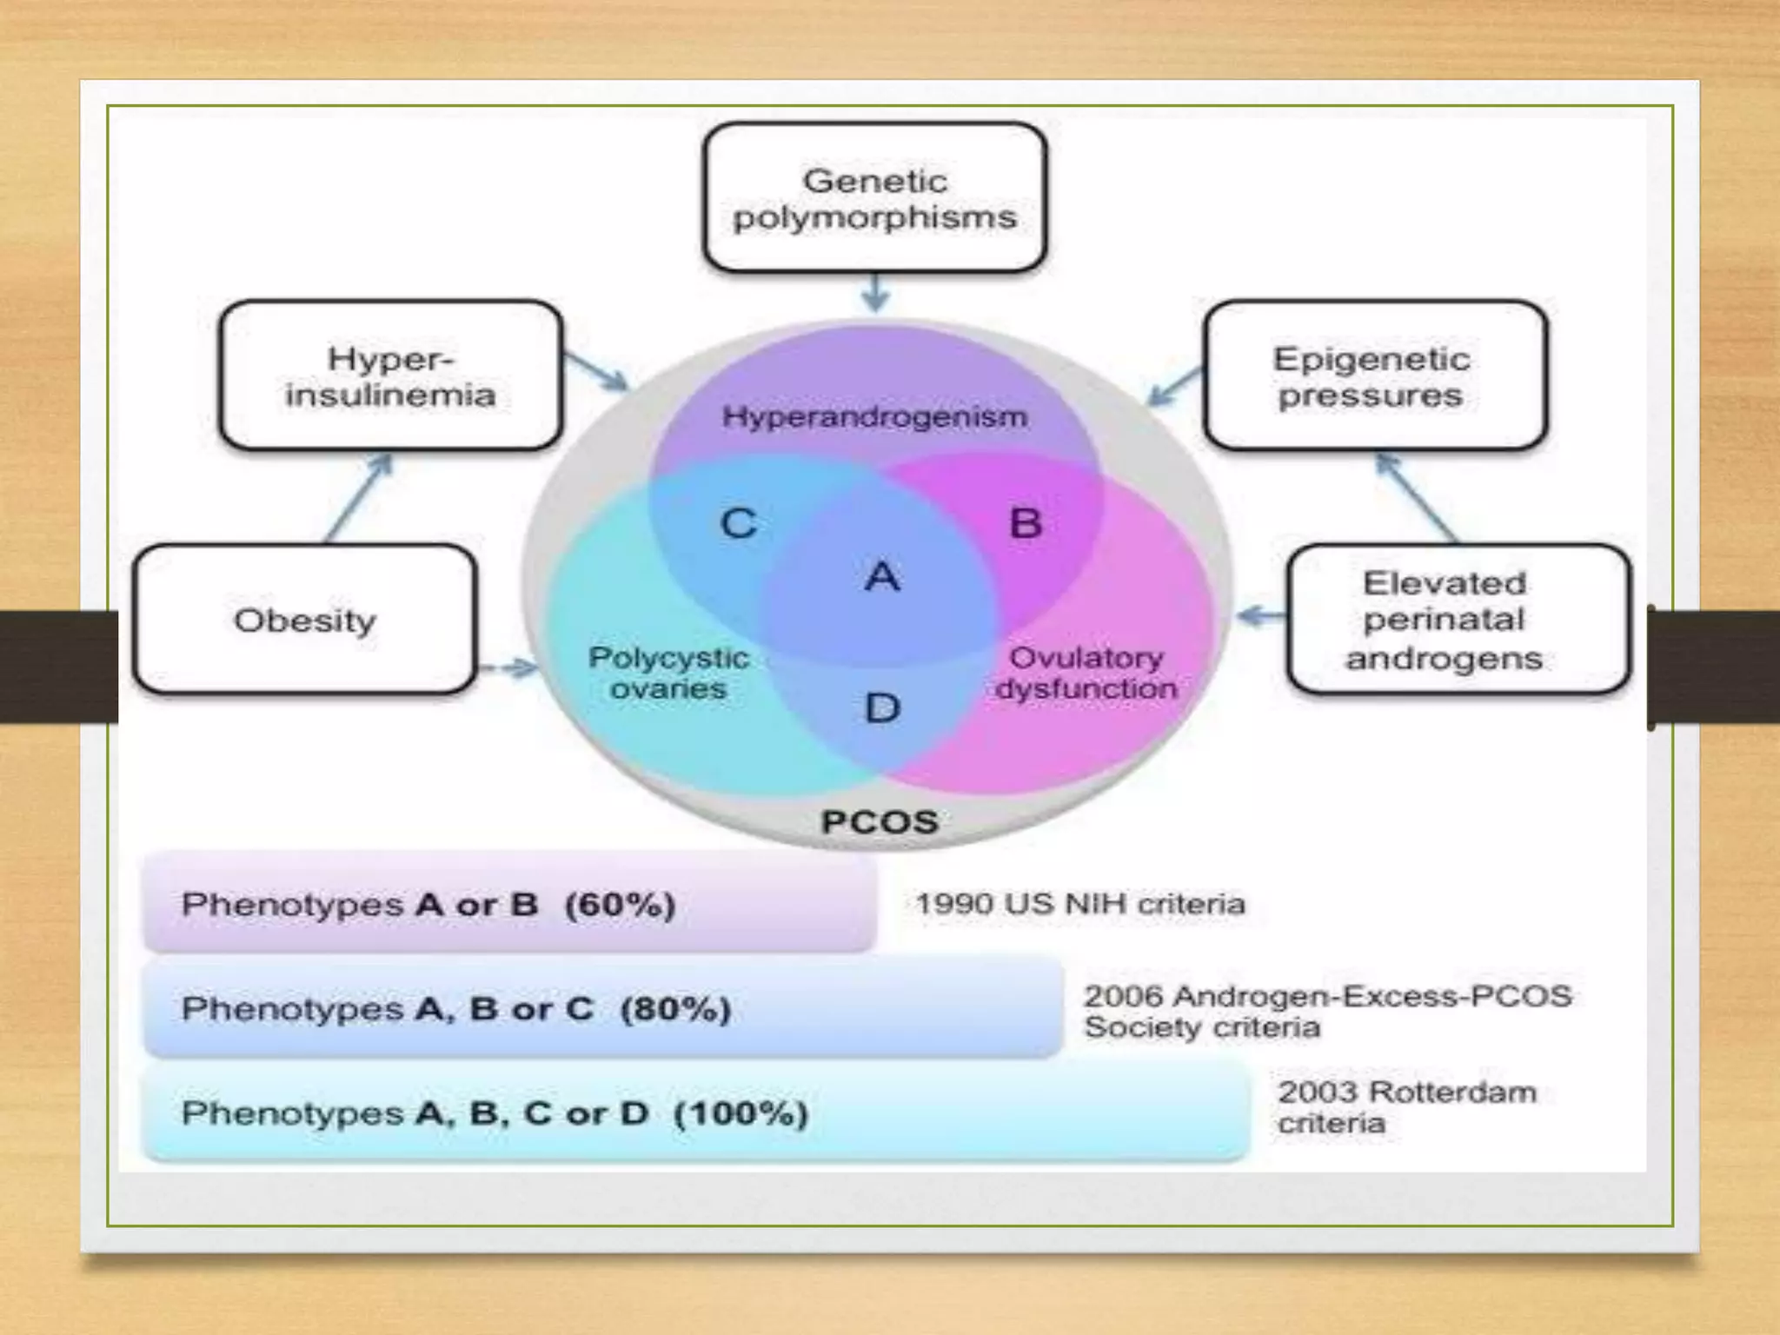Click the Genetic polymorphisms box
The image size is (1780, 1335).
coord(874,198)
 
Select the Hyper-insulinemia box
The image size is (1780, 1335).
coord(390,375)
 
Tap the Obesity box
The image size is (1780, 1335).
coord(305,620)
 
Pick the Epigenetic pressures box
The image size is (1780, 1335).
coord(1373,375)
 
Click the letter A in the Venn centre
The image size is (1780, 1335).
coord(882,576)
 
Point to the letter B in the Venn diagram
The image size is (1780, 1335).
coord(1026,523)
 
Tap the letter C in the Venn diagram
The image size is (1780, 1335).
coord(739,523)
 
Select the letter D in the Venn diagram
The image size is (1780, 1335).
coord(882,708)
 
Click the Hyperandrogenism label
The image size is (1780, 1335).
coord(874,417)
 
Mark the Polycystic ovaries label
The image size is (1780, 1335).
coord(668,673)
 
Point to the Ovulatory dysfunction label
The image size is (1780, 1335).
coord(1086,673)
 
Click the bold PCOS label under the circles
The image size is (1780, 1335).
coord(880,822)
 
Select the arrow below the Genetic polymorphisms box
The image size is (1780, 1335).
coord(875,293)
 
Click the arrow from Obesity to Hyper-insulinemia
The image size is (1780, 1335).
coord(359,497)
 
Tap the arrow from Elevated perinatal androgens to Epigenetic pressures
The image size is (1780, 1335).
coord(1417,497)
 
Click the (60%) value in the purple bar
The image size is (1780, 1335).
coord(620,905)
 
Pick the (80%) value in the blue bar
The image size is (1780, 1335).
coord(675,1009)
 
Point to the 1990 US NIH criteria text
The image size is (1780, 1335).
coord(1080,904)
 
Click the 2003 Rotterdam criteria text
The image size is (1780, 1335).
coord(1406,1107)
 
